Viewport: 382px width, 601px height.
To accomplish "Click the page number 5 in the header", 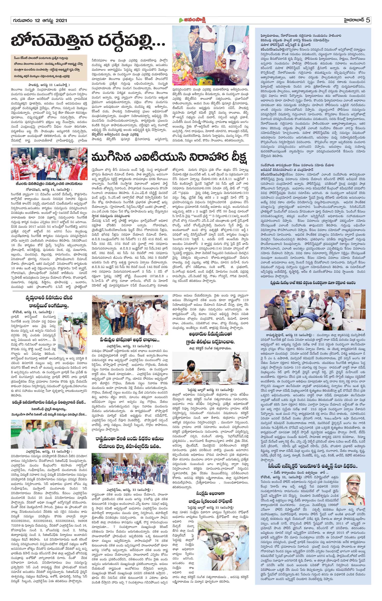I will (368, 20).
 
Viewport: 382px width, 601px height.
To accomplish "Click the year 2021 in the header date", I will (61, 20).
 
